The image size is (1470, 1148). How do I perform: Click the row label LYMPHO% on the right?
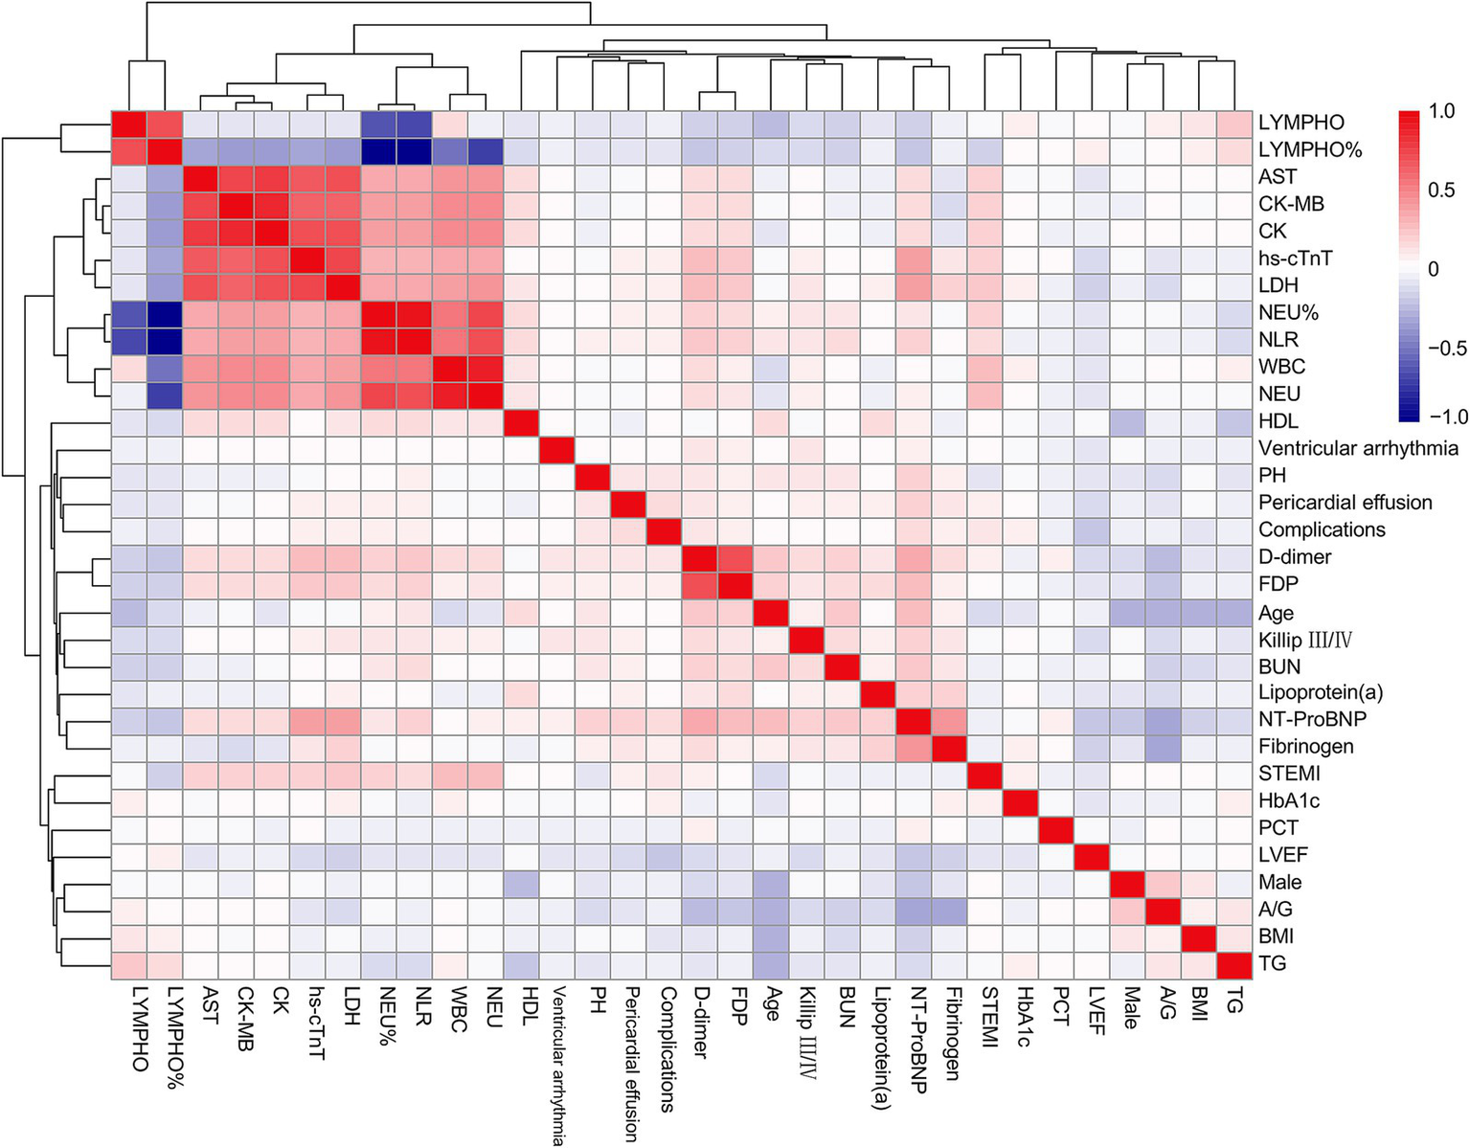point(1309,149)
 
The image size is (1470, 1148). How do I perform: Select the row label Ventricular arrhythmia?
point(1358,448)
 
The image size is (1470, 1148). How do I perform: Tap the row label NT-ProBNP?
point(1312,719)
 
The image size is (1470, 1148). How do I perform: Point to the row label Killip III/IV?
point(1305,640)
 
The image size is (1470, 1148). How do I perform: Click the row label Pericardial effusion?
point(1345,503)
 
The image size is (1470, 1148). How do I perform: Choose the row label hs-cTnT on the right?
point(1295,259)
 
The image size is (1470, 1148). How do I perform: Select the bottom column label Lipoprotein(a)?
point(881,1048)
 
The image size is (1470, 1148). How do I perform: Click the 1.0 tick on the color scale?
point(1440,111)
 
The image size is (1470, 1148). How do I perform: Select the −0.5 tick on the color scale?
point(1446,348)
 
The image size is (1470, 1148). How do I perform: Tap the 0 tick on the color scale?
point(1433,269)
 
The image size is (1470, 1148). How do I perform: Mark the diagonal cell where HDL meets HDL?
point(522,421)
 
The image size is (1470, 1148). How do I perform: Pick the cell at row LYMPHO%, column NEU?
point(486,149)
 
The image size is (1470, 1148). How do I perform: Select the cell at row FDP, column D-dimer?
point(700,584)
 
